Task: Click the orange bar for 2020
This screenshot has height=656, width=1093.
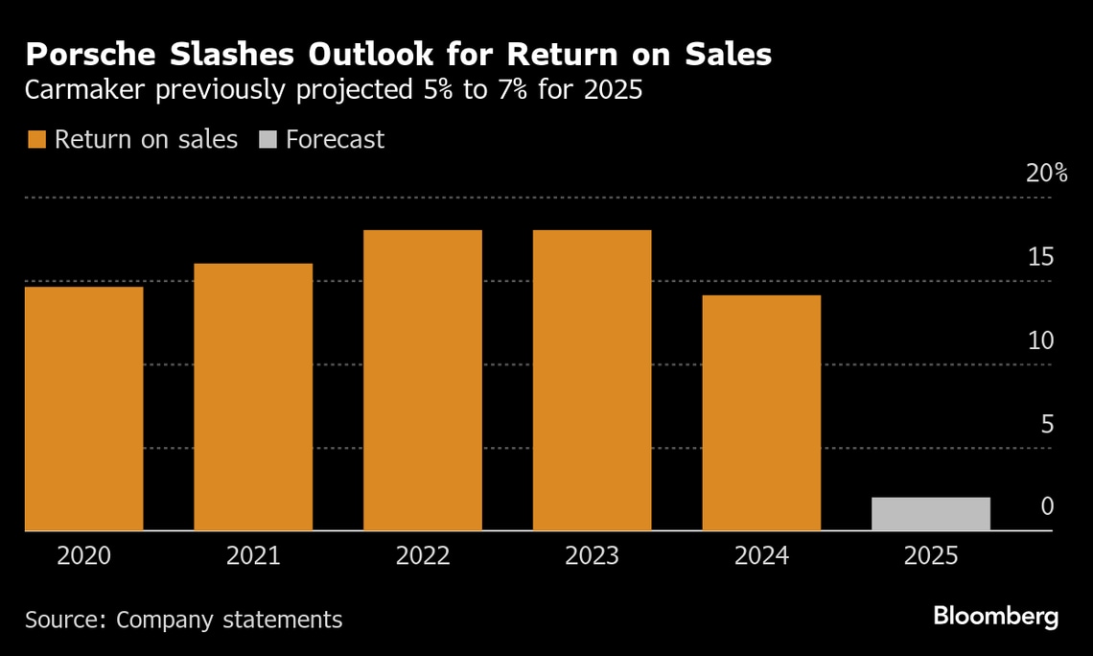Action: click(83, 409)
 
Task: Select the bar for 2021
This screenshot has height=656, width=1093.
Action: click(253, 397)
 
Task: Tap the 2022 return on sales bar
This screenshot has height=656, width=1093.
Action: click(423, 380)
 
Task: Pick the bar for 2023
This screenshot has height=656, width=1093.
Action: click(592, 380)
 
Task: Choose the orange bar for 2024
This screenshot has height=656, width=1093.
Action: click(761, 412)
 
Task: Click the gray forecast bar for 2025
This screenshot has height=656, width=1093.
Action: click(931, 514)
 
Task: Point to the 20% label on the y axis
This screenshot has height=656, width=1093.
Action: click(1046, 174)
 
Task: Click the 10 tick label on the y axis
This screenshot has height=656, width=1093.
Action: click(1040, 340)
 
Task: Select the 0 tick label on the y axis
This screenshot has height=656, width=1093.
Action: click(1048, 506)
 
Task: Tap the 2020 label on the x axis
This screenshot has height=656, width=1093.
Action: click(84, 556)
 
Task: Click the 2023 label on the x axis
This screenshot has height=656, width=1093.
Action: click(592, 556)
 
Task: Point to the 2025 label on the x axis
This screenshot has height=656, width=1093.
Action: click(931, 556)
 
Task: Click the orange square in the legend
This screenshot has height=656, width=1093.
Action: click(36, 140)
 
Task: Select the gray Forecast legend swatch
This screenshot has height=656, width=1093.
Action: click(267, 140)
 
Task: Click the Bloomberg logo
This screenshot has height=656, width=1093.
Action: click(996, 617)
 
